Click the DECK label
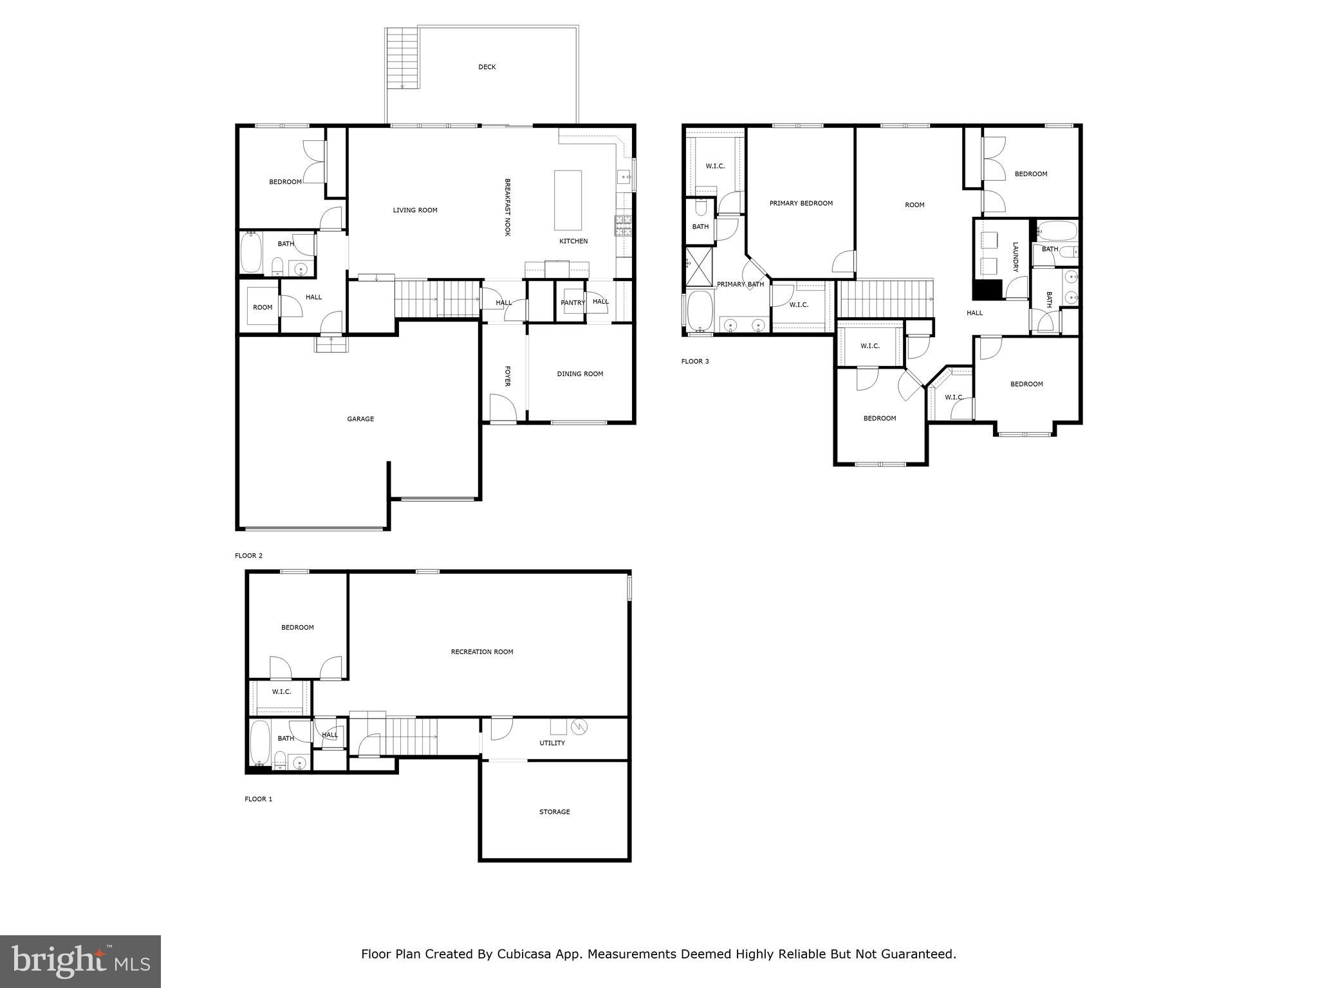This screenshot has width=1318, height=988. [487, 67]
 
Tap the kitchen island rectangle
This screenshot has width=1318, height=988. [568, 200]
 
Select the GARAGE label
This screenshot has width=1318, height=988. [360, 419]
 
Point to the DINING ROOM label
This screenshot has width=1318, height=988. [580, 374]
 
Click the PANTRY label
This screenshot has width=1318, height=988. [572, 302]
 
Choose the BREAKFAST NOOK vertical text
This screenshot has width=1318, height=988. [507, 207]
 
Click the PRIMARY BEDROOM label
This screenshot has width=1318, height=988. [801, 203]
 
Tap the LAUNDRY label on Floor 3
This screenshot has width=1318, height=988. [1015, 257]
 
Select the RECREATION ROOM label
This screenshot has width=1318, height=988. [481, 652]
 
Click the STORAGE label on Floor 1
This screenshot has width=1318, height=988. [554, 812]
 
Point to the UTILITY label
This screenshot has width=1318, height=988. [552, 743]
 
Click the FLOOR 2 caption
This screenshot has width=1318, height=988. [248, 556]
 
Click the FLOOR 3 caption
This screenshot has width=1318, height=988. [695, 361]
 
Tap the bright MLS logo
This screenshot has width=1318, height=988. [80, 962]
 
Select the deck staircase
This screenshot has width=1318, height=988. [402, 59]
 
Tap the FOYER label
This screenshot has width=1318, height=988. [507, 376]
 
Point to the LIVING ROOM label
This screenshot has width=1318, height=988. [415, 210]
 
